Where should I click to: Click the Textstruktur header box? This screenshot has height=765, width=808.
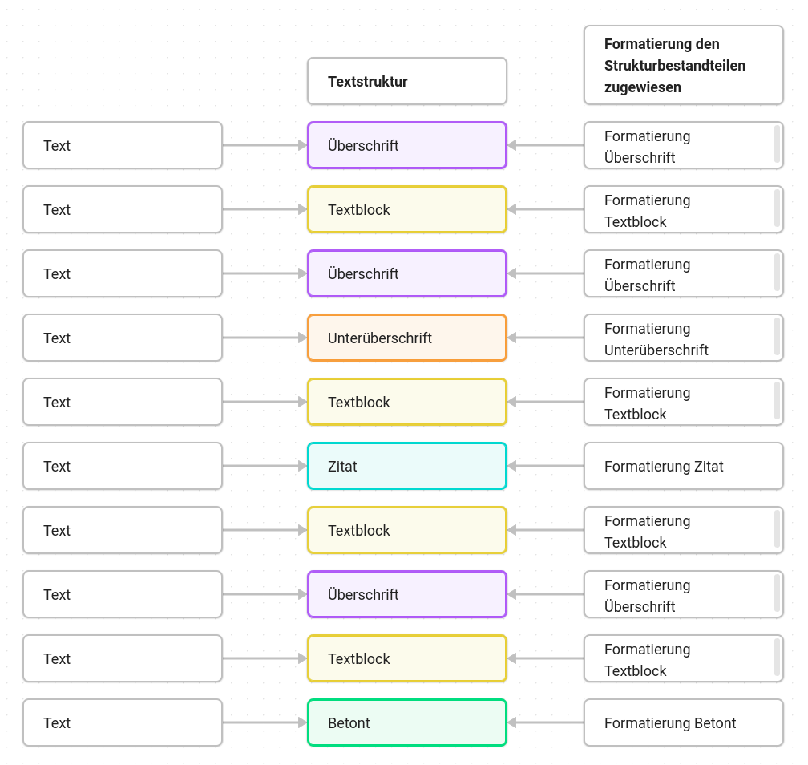pyautogui.click(x=407, y=81)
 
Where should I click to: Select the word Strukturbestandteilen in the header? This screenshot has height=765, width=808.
pyautogui.click(x=675, y=66)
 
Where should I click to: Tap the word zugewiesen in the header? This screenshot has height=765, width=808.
pyautogui.click(x=643, y=87)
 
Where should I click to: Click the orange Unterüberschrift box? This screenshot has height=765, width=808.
pyautogui.click(x=407, y=338)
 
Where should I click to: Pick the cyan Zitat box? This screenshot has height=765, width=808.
pyautogui.click(x=407, y=466)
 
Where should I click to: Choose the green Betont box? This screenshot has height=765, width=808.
pyautogui.click(x=407, y=722)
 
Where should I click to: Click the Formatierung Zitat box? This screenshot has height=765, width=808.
pyautogui.click(x=684, y=466)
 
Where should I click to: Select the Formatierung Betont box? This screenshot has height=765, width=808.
pyautogui.click(x=684, y=722)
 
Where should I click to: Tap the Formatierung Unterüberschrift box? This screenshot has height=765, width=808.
pyautogui.click(x=684, y=338)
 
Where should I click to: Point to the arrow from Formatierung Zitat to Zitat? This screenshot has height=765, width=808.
pyautogui.click(x=546, y=466)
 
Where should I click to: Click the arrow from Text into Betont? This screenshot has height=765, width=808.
pyautogui.click(x=265, y=722)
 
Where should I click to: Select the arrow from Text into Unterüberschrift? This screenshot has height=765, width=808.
pyautogui.click(x=265, y=338)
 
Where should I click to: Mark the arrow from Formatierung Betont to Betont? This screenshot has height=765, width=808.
pyautogui.click(x=546, y=722)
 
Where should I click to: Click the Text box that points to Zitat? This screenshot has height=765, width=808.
pyautogui.click(x=123, y=466)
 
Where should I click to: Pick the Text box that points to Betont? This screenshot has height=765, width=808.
pyautogui.click(x=123, y=722)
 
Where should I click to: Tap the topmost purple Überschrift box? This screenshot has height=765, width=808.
pyautogui.click(x=407, y=145)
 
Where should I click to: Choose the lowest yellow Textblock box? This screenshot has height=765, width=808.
pyautogui.click(x=407, y=658)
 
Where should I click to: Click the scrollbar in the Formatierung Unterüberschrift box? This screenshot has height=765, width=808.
pyautogui.click(x=777, y=337)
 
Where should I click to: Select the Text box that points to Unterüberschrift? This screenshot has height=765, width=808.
pyautogui.click(x=123, y=338)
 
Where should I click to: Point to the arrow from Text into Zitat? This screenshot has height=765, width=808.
pyautogui.click(x=265, y=466)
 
